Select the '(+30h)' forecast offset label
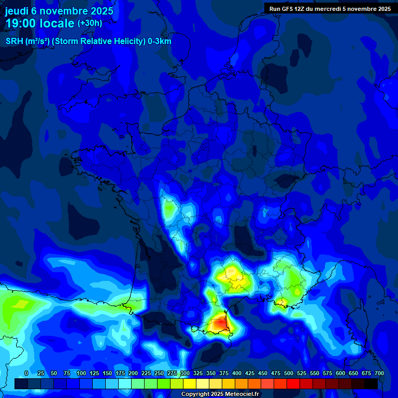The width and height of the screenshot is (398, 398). click(90, 23)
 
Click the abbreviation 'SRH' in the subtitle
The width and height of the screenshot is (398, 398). click(15, 41)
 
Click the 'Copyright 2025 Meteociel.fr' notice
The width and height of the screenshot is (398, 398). click(220, 394)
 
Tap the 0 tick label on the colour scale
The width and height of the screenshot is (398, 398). click(26, 373)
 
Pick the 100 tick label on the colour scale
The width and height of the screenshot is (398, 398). click(81, 373)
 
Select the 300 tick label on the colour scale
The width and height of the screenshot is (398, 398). click(185, 373)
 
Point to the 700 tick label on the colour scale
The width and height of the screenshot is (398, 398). click(379, 373)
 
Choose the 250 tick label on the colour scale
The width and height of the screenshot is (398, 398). click(159, 373)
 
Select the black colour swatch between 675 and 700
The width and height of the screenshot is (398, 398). click(371, 383)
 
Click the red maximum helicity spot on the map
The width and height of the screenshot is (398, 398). click(219, 323)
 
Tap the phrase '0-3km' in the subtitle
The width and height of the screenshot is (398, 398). click(159, 41)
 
